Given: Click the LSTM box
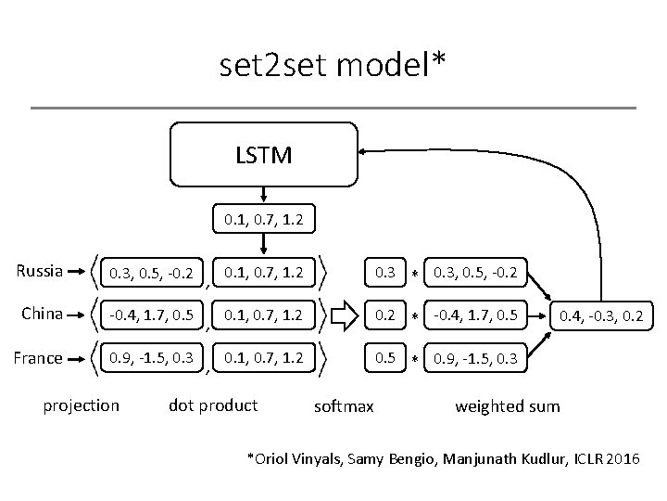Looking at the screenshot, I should (x=263, y=154).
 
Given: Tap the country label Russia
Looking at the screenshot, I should (x=39, y=271).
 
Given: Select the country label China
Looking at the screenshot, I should (x=42, y=314).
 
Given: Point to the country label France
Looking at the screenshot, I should (x=39, y=357).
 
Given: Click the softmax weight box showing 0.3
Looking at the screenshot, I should (x=385, y=272).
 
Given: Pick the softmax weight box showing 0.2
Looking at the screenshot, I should (x=385, y=315).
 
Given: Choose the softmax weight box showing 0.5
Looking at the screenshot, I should (x=385, y=357).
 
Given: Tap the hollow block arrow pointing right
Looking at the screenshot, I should (x=344, y=315).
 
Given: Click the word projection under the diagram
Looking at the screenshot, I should (x=82, y=405).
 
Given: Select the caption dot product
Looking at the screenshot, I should (x=213, y=405).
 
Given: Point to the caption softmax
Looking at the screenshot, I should (x=345, y=406).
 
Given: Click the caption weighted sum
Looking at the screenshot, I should (x=507, y=405).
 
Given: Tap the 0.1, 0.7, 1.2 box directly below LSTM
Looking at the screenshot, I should (x=263, y=220).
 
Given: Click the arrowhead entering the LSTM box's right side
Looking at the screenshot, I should (x=364, y=150).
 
